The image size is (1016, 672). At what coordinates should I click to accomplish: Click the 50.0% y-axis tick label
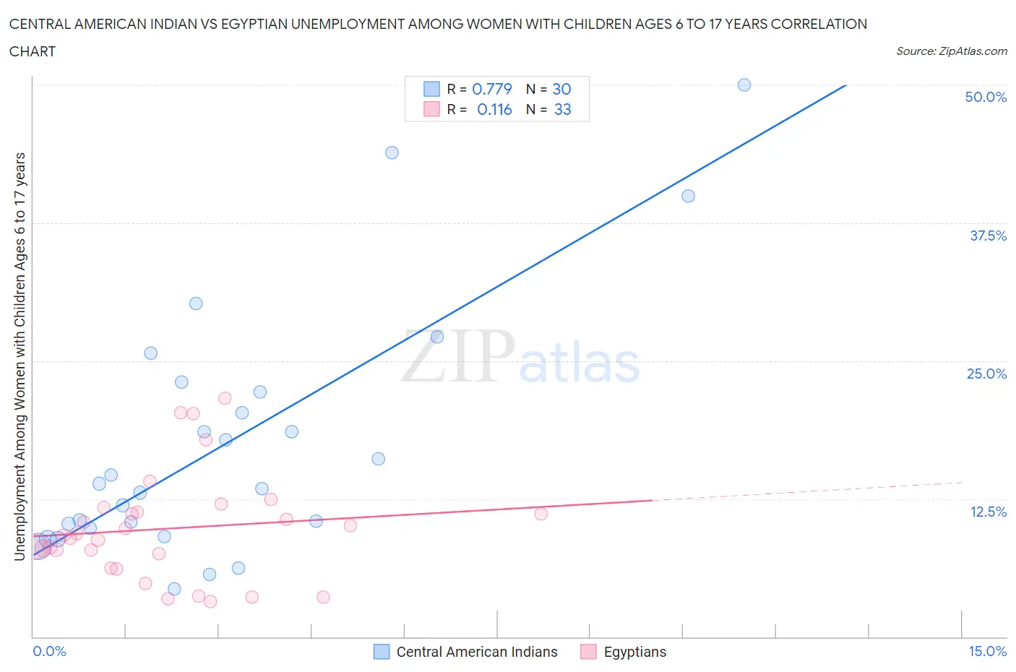click(x=986, y=97)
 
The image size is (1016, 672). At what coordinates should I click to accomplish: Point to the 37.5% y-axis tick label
click(x=988, y=236)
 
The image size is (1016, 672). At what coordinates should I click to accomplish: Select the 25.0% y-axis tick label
click(x=986, y=374)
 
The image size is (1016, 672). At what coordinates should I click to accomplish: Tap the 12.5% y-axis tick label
click(x=988, y=512)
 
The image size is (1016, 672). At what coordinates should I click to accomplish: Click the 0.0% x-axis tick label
click(x=49, y=651)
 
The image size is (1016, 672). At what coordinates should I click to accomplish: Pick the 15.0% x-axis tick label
click(x=987, y=651)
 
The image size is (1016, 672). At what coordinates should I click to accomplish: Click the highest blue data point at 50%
click(x=744, y=85)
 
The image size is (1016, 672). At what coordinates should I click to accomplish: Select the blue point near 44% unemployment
click(x=392, y=152)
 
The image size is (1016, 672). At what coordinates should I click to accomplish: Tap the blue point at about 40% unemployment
click(x=688, y=196)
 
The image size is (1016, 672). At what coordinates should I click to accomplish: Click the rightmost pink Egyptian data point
click(x=541, y=514)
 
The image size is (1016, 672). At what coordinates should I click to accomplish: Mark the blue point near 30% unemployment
click(x=196, y=303)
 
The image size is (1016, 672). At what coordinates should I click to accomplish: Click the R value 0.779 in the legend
click(x=491, y=89)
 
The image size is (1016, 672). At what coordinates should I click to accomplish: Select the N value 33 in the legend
click(x=562, y=109)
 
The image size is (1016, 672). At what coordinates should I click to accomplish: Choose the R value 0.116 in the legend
click(x=494, y=109)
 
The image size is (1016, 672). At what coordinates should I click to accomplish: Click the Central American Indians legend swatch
click(x=382, y=652)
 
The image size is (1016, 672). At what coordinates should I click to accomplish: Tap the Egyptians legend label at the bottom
click(x=634, y=652)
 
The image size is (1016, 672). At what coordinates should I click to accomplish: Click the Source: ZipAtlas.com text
click(x=951, y=51)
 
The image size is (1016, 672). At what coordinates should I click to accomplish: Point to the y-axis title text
click(x=20, y=356)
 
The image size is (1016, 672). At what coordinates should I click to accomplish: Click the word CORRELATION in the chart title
click(x=819, y=24)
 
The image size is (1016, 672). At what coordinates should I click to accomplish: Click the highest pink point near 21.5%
click(x=225, y=398)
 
